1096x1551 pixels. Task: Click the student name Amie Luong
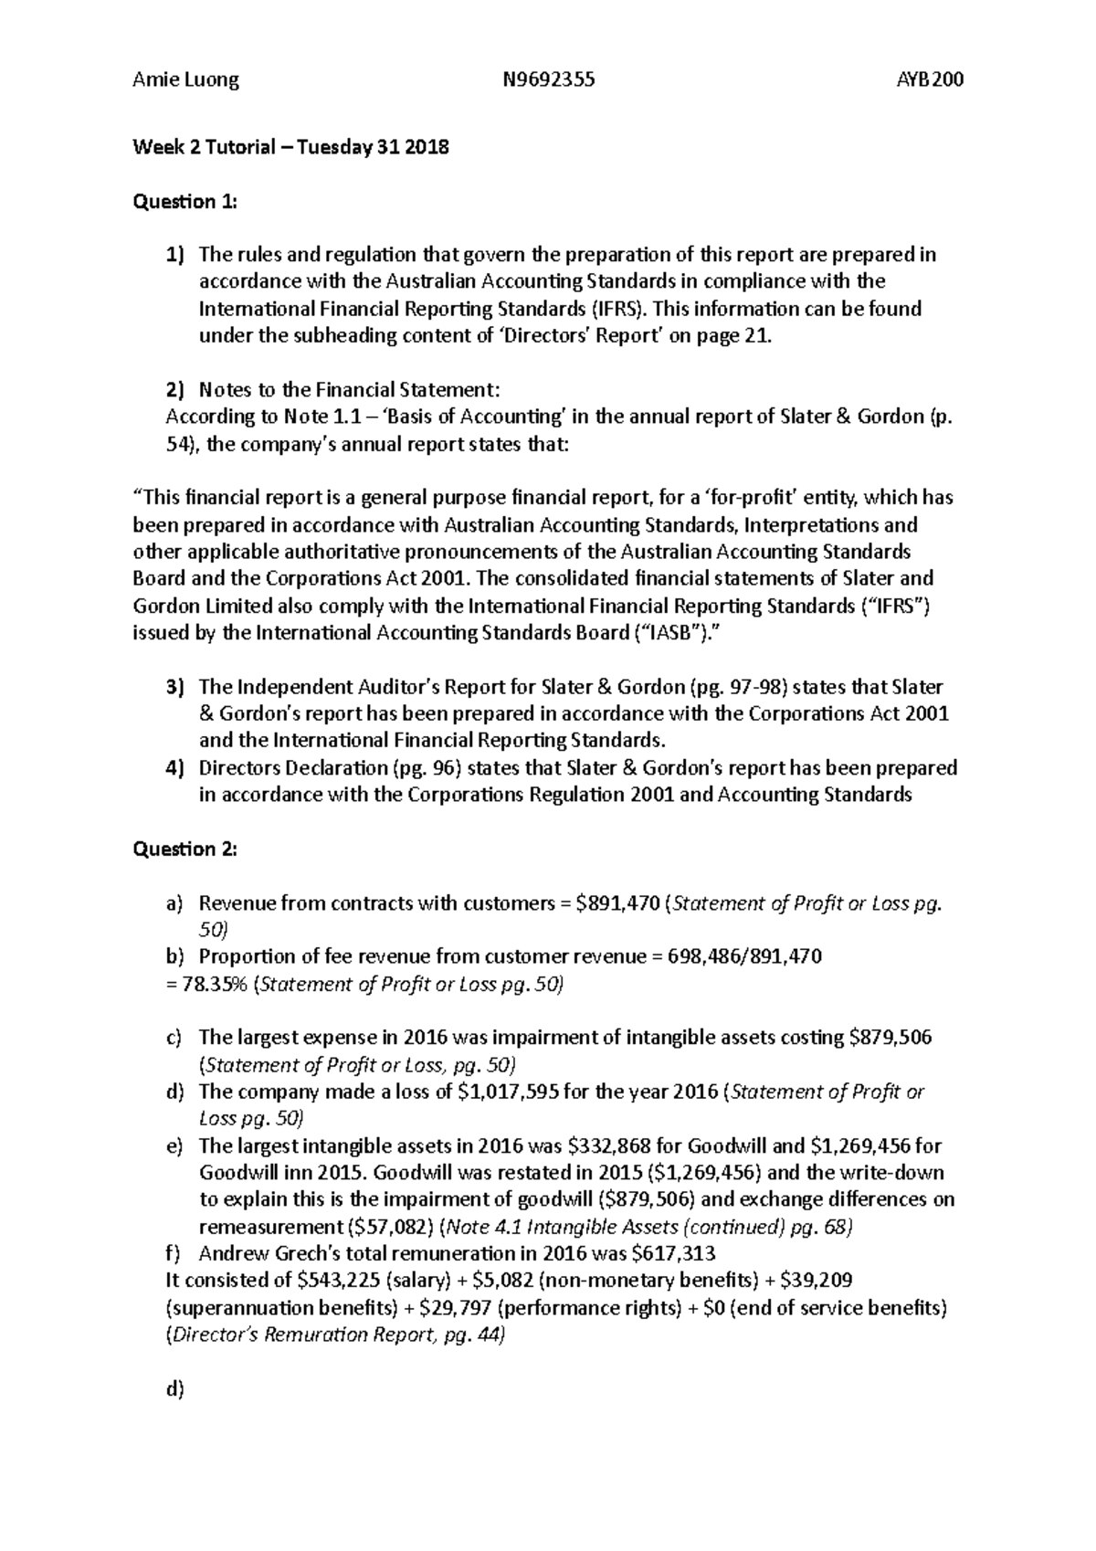tap(185, 79)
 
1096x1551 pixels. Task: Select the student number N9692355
tap(548, 79)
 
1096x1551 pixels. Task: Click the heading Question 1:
tap(184, 202)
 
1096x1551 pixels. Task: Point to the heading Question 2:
tap(184, 849)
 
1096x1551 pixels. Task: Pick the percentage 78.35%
tap(201, 985)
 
